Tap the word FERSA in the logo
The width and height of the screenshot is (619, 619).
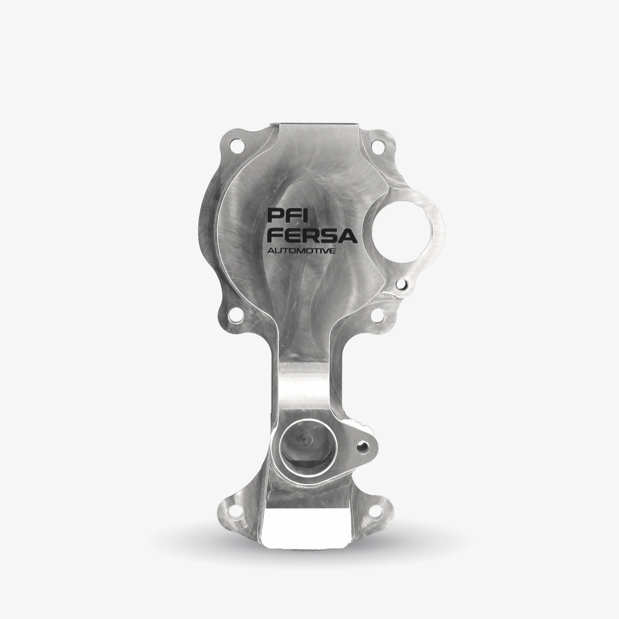coord(312,236)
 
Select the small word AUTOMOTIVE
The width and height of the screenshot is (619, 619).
coord(301,251)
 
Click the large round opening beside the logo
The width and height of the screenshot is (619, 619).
coord(403,227)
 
